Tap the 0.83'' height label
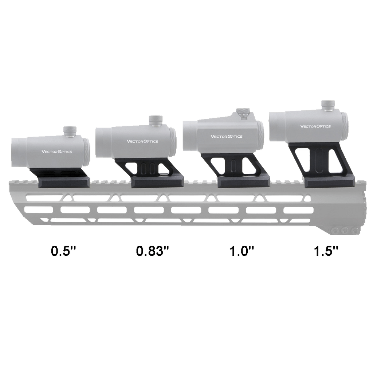click(x=152, y=251)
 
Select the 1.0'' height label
click(x=242, y=251)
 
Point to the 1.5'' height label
click(x=326, y=251)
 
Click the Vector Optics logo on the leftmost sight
click(x=57, y=152)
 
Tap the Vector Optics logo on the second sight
click(x=142, y=141)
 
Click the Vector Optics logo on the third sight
click(x=227, y=136)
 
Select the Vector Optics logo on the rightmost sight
click(x=315, y=126)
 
